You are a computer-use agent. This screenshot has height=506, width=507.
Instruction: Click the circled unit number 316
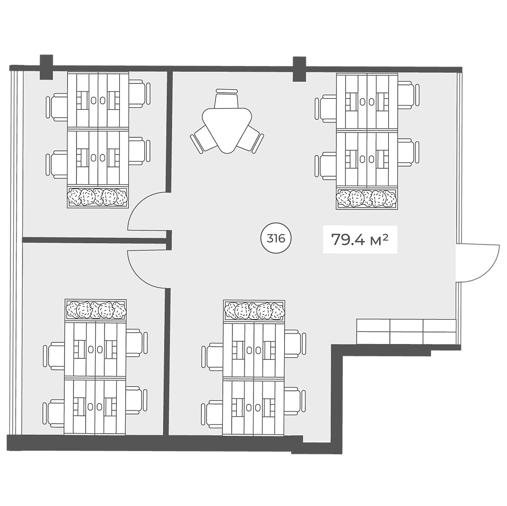pos(276,238)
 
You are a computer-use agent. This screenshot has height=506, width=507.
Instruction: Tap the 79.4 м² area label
pos(360,240)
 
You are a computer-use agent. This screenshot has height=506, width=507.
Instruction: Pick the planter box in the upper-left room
pos(98,197)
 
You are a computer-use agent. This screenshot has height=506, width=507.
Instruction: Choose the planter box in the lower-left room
pos(96,310)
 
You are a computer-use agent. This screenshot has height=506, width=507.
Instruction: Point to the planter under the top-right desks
pos(367,198)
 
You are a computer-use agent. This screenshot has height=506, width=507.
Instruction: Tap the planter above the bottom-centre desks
pos(254,311)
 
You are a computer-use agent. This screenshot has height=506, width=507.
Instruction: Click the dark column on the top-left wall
pos(46,67)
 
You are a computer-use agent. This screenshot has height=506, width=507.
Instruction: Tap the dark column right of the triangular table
pos(299,69)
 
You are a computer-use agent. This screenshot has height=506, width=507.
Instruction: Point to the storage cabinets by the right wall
pos(406,332)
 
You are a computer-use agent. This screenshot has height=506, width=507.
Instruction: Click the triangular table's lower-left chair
pos(202,139)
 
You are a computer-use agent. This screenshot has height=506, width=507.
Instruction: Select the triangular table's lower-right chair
pos(252,139)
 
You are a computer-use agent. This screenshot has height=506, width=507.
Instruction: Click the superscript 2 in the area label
pos(385,237)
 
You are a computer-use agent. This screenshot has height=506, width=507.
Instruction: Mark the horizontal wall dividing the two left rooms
pos(96,240)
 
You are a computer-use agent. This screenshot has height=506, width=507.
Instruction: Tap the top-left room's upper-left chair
pos(57,107)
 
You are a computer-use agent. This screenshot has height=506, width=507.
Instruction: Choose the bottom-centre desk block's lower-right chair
pos(295,400)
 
